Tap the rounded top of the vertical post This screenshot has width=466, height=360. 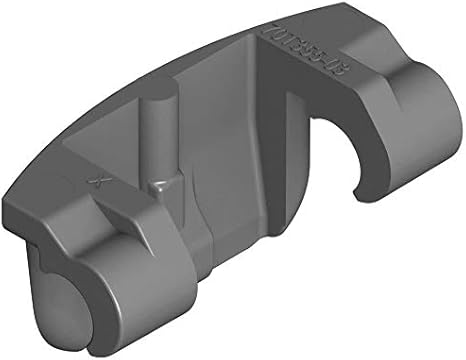pyautogui.click(x=154, y=102)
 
